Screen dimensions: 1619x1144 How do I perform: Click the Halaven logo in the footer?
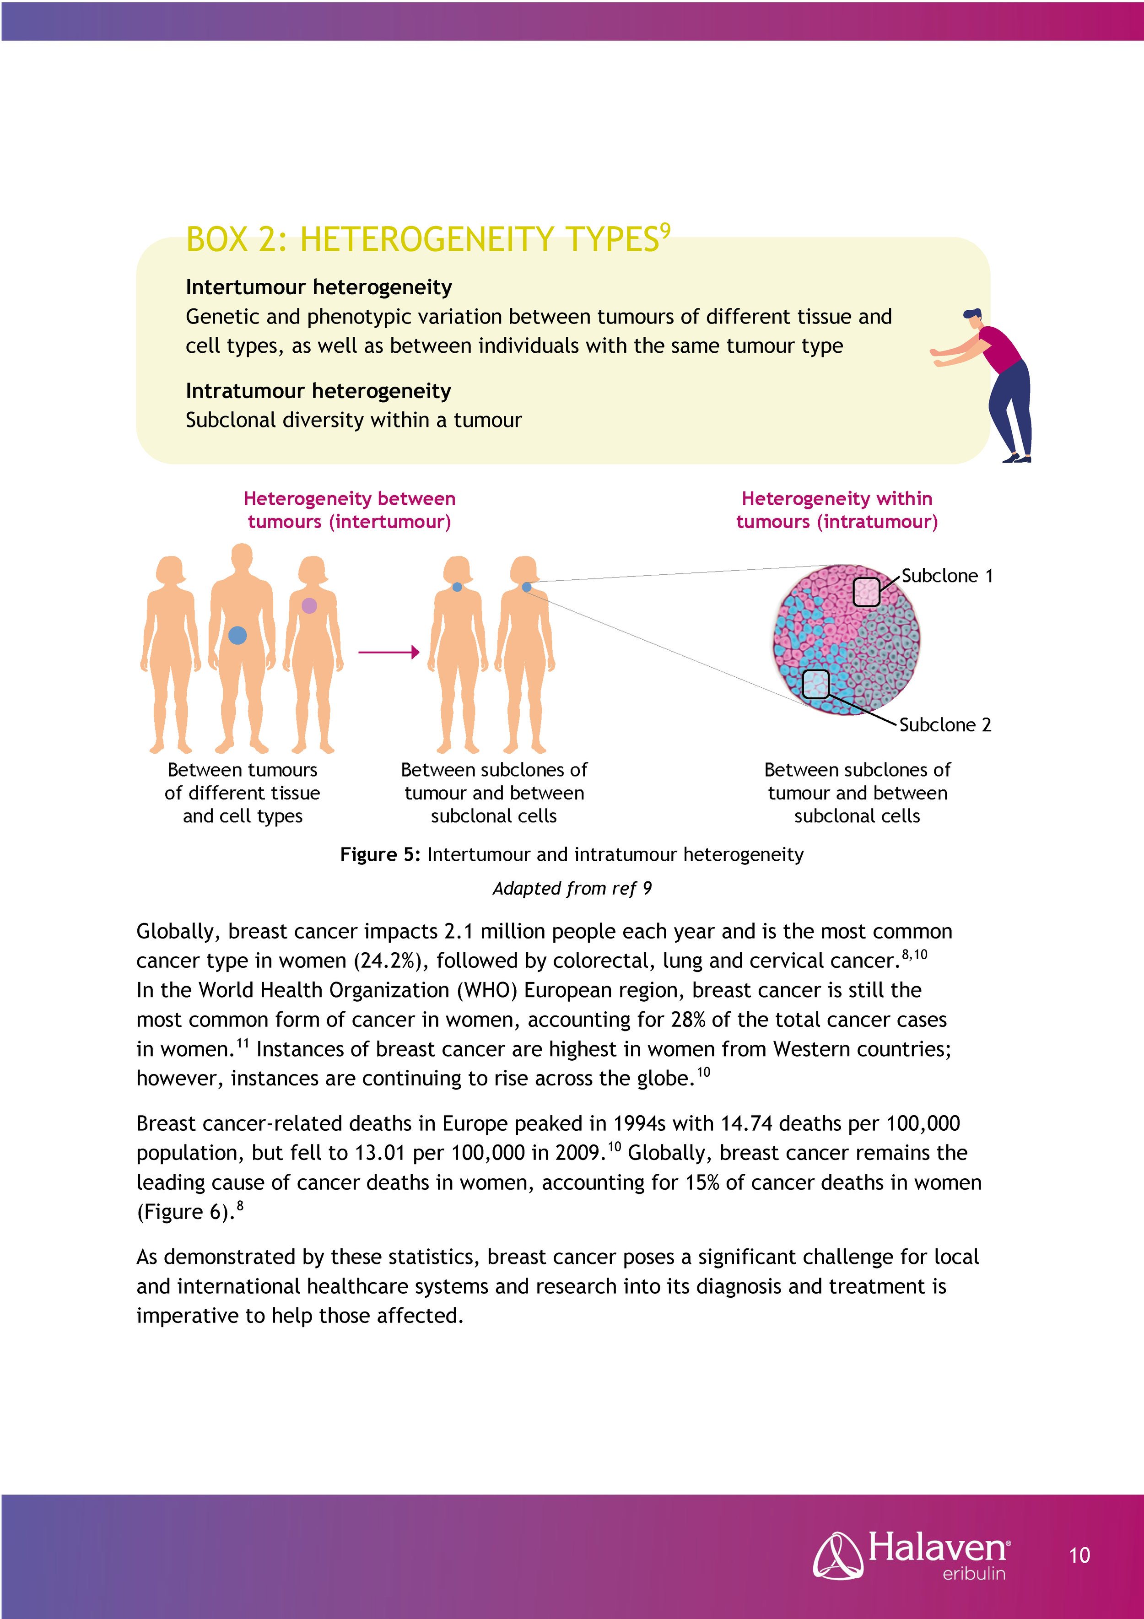point(911,1555)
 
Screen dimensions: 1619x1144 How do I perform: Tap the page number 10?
point(1079,1555)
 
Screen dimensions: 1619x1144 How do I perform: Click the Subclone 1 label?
point(946,576)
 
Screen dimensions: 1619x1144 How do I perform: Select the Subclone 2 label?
point(945,725)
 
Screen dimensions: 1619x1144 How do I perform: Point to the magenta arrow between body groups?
point(389,652)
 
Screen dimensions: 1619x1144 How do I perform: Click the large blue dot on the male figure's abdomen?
point(237,635)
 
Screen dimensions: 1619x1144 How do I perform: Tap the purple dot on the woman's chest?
point(309,605)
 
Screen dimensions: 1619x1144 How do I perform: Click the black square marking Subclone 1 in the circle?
point(867,592)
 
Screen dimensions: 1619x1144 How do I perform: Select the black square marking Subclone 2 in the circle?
point(816,684)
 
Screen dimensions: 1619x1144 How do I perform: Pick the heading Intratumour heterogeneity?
point(318,391)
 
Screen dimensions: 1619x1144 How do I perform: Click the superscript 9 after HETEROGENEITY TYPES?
point(665,230)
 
